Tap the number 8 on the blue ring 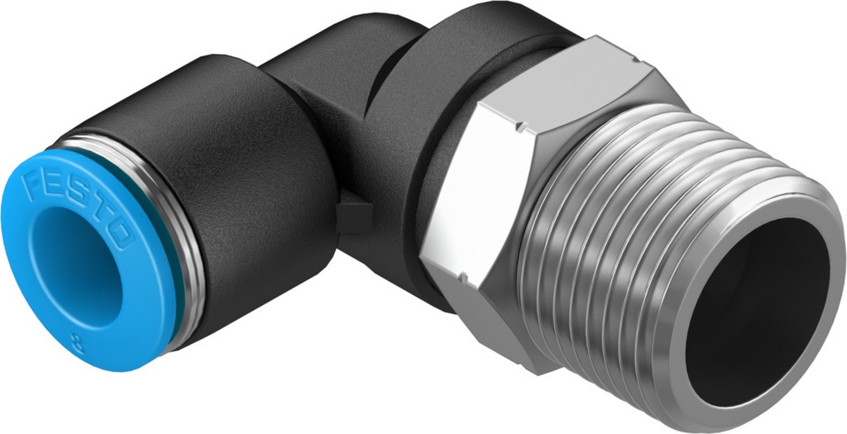pyautogui.click(x=78, y=340)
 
